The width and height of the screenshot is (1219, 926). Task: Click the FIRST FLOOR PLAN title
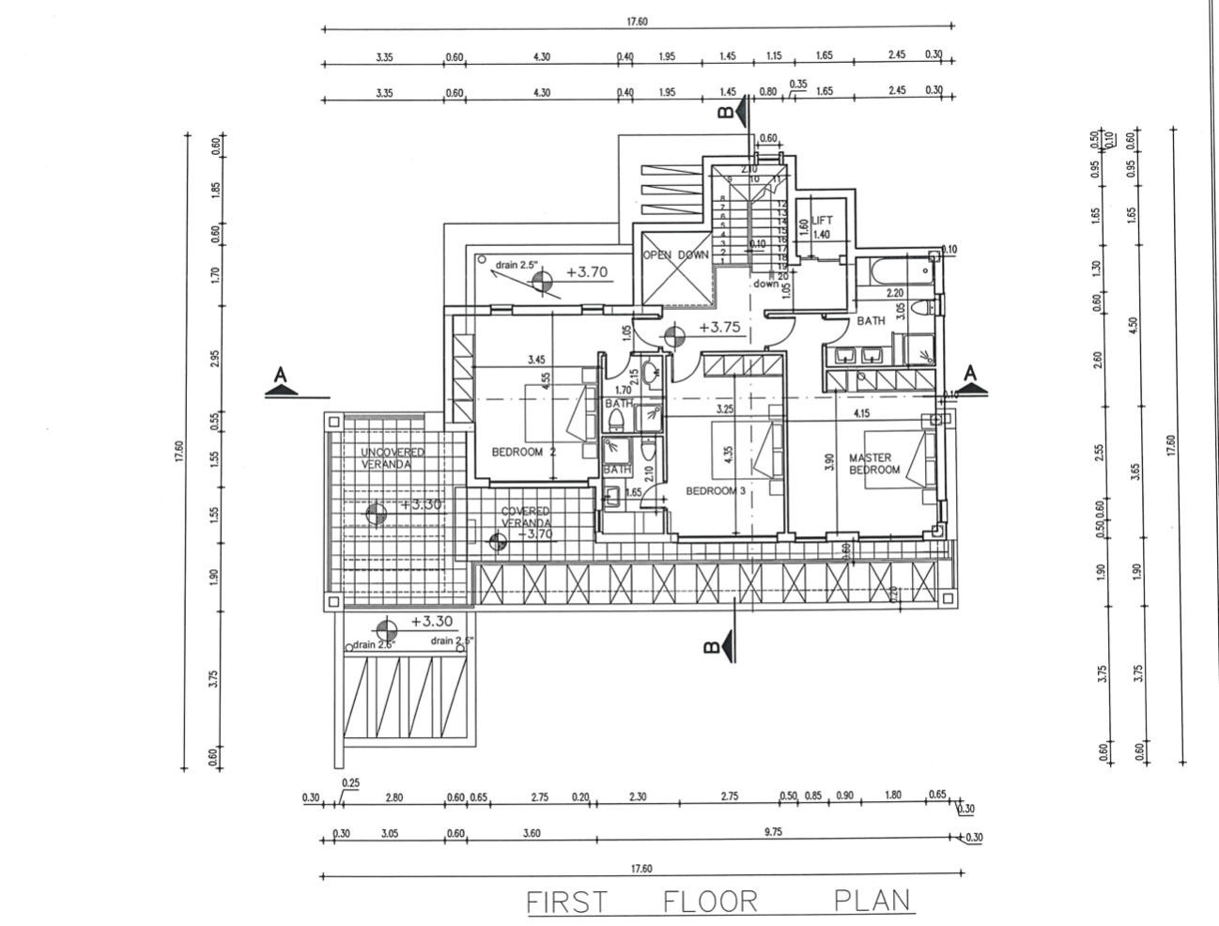(x=718, y=902)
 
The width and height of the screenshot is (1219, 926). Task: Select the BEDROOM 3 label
(x=715, y=491)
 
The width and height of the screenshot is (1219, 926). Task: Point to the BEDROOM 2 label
(x=524, y=452)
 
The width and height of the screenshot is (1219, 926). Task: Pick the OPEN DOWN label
(x=674, y=255)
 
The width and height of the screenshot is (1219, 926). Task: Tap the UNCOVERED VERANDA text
(x=393, y=458)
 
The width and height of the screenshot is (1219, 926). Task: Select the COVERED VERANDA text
(x=525, y=517)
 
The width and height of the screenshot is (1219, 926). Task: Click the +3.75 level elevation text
(x=720, y=328)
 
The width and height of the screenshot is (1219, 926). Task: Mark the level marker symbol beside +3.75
(x=673, y=334)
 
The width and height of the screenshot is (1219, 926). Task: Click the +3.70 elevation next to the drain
(x=587, y=273)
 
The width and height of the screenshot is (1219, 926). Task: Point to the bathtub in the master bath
(x=901, y=272)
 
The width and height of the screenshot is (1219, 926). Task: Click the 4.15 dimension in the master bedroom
(x=860, y=413)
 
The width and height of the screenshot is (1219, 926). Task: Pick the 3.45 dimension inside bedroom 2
(x=537, y=359)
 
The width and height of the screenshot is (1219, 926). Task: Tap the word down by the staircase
(x=764, y=283)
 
